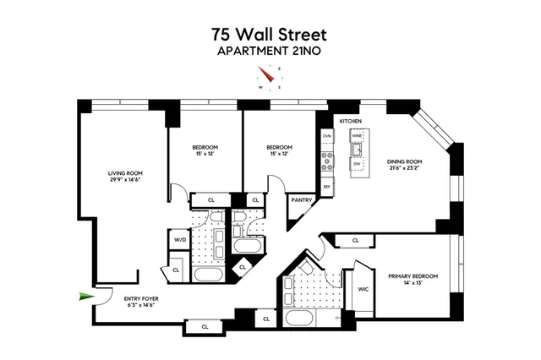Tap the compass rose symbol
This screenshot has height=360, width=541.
coord(270,80)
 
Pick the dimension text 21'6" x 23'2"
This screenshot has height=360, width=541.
coord(405,167)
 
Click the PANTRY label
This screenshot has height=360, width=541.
coord(302,201)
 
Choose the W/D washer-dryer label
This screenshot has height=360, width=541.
coord(179,240)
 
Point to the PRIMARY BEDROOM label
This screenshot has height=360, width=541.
coord(410,276)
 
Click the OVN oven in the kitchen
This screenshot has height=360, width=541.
coord(326,136)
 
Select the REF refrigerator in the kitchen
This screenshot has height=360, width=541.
coord(326,186)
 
